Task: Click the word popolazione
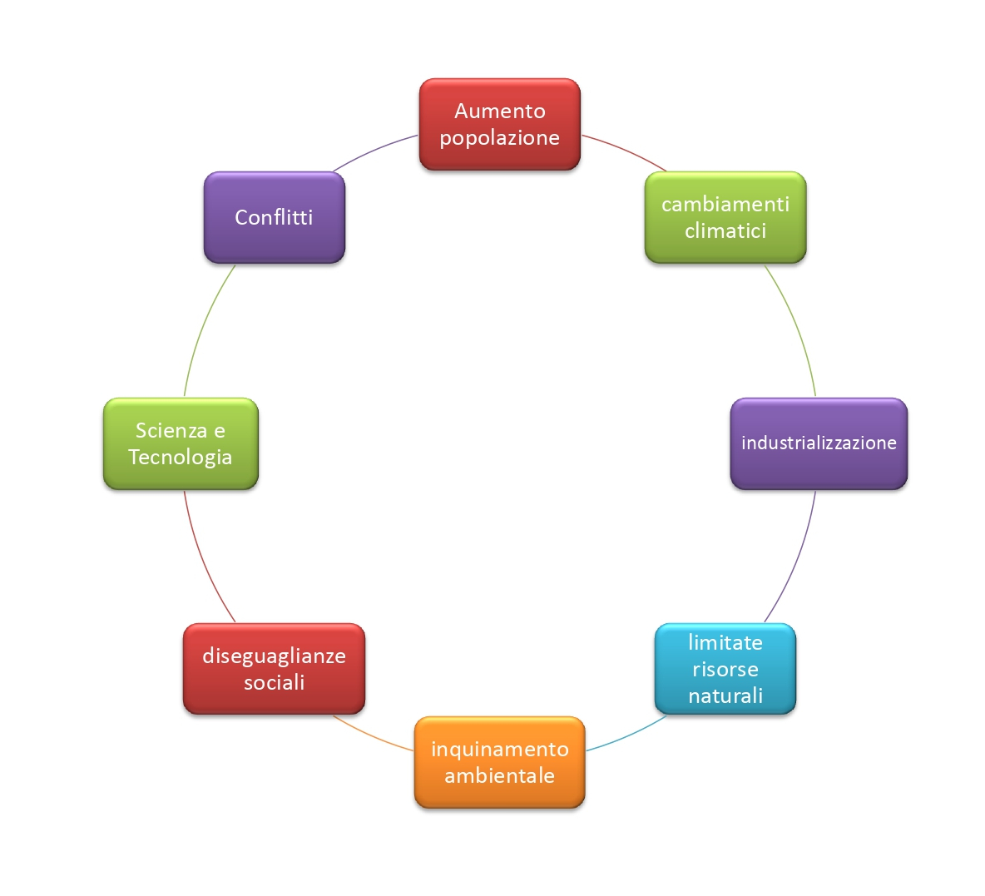coord(499,138)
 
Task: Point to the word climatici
coord(725,231)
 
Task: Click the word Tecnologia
coord(181,458)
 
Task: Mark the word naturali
coord(725,696)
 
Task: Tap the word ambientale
coord(499,776)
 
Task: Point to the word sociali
coord(274,683)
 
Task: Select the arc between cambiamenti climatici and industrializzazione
coord(797,326)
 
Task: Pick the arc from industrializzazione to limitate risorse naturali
coord(797,559)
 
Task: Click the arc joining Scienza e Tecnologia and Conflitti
coord(203,324)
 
